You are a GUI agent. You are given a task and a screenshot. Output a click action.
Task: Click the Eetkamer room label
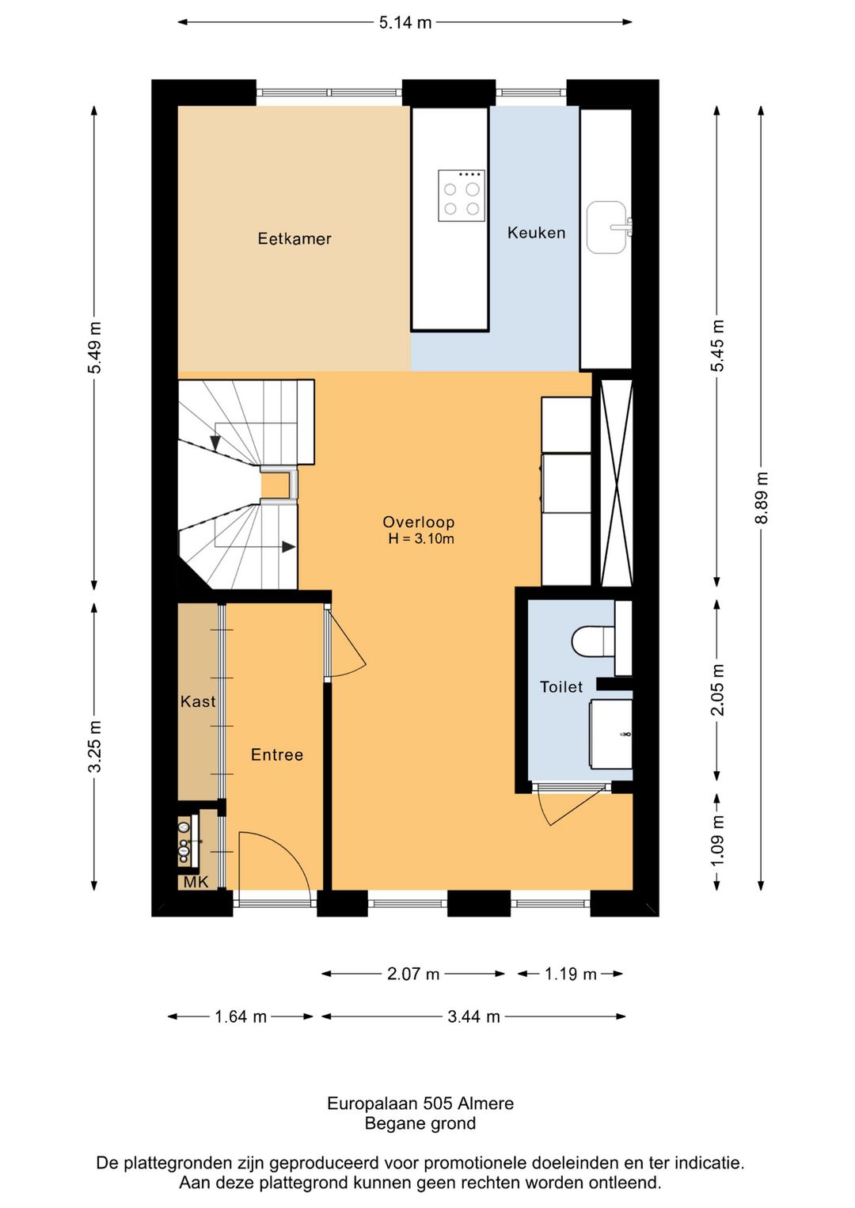pyautogui.click(x=294, y=238)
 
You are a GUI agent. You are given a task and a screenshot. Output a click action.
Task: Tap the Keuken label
pyautogui.click(x=536, y=233)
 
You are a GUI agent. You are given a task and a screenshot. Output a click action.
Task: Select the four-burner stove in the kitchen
pyautogui.click(x=462, y=196)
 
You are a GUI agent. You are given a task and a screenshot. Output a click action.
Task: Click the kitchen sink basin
pyautogui.click(x=607, y=227)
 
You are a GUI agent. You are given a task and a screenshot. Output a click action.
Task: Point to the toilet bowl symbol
pyautogui.click(x=592, y=640)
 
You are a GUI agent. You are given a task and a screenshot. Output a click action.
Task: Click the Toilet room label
pyautogui.click(x=561, y=687)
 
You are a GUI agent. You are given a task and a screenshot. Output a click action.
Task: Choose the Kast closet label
pyautogui.click(x=197, y=701)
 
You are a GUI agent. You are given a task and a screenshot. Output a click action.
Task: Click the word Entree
pyautogui.click(x=277, y=754)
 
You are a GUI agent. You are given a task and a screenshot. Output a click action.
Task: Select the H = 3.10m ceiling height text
pyautogui.click(x=420, y=538)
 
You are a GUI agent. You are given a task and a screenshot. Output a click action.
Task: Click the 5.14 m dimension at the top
pyautogui.click(x=405, y=22)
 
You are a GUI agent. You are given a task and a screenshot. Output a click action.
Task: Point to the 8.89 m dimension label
pyautogui.click(x=761, y=497)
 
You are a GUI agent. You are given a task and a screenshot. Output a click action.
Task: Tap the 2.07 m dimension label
pyautogui.click(x=413, y=974)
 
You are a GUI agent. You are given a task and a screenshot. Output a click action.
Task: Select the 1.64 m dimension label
pyautogui.click(x=241, y=1016)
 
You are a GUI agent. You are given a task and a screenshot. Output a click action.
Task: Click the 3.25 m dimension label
pyautogui.click(x=95, y=746)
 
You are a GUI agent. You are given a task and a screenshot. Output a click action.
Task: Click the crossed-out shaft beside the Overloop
pyautogui.click(x=616, y=483)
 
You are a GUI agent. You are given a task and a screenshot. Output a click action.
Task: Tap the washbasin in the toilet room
pyautogui.click(x=610, y=734)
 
